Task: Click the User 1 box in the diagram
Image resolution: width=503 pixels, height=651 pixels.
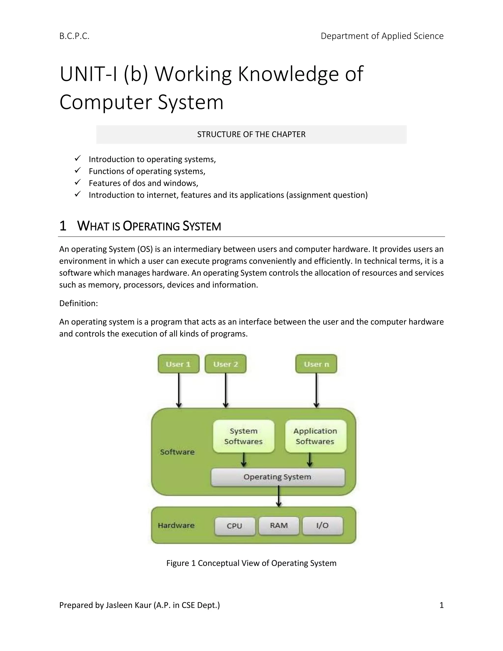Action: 178,364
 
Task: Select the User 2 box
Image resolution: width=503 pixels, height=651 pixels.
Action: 225,364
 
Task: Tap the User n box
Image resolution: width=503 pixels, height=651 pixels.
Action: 316,364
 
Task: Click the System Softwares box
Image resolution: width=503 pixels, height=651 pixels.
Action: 243,436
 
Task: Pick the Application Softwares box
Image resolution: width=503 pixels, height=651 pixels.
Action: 315,436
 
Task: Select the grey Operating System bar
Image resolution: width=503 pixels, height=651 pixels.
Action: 278,477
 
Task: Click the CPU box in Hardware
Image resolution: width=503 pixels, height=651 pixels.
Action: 235,525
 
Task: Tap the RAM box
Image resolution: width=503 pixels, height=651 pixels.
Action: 279,525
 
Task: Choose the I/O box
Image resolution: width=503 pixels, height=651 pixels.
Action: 322,525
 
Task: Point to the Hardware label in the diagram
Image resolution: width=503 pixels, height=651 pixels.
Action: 176,525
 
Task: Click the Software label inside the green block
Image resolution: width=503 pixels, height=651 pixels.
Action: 177,452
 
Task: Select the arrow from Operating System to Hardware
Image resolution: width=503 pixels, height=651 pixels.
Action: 279,496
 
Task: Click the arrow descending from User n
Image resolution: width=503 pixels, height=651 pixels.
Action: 316,391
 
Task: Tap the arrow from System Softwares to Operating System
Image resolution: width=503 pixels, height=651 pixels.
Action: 243,460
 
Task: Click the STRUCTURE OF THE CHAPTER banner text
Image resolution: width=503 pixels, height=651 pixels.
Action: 251,134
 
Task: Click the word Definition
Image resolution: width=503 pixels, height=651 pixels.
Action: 78,303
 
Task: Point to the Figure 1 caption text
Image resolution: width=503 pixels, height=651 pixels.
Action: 251,563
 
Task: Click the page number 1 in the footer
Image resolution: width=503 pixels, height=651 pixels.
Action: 441,605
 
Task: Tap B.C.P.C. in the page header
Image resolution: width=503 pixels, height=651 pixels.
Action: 74,36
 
